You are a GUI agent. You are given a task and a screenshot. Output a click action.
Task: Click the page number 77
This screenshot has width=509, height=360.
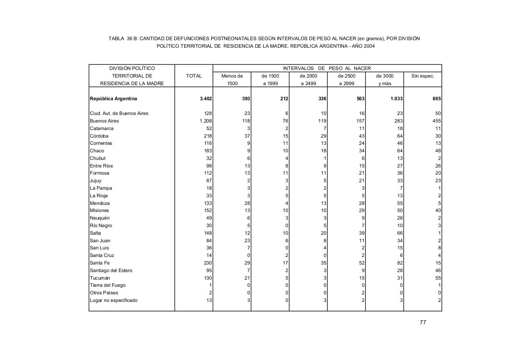(x=423, y=322)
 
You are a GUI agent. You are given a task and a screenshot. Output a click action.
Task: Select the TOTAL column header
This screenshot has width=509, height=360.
(x=194, y=76)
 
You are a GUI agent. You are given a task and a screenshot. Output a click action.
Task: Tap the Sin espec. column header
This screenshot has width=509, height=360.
(x=423, y=76)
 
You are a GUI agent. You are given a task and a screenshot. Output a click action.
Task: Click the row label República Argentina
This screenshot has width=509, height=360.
(x=113, y=99)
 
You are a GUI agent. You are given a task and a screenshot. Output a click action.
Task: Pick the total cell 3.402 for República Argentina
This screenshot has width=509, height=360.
(x=206, y=99)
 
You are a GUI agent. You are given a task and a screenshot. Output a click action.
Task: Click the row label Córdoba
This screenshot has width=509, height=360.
(x=99, y=136)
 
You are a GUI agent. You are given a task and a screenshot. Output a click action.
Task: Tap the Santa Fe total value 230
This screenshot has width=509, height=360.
(x=208, y=263)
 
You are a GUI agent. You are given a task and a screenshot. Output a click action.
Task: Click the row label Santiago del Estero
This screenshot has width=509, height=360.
(x=111, y=270)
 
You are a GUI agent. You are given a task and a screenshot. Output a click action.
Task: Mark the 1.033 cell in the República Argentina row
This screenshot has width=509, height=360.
(x=396, y=99)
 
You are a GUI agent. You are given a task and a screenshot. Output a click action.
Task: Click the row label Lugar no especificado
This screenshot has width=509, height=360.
(x=114, y=300)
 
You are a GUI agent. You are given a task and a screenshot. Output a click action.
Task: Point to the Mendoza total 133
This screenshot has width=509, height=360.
(x=208, y=203)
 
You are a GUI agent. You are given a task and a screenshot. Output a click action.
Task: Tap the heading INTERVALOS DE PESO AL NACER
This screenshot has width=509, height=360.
(x=327, y=68)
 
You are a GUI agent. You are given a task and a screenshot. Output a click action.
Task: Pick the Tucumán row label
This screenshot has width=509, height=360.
(x=100, y=278)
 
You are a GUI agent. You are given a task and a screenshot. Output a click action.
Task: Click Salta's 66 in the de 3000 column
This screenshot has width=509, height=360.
(x=400, y=233)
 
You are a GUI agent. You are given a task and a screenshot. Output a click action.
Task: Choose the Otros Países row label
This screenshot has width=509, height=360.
(x=104, y=293)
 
